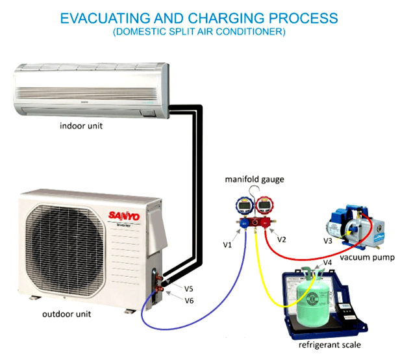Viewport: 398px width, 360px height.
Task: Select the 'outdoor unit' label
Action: pos(66,314)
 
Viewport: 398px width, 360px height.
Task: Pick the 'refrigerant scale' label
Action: pos(330,345)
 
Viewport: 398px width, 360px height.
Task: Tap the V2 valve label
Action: pos(281,240)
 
